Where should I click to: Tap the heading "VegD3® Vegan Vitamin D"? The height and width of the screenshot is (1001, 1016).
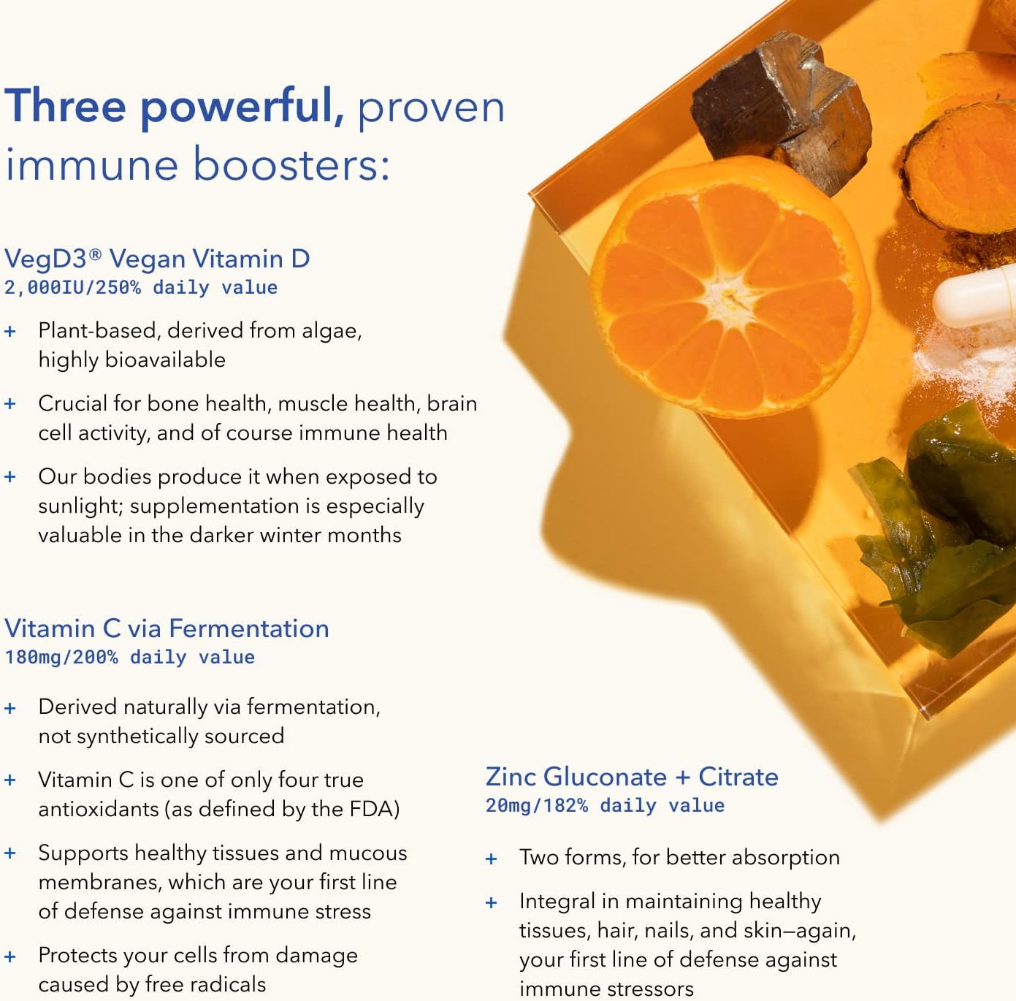[157, 259]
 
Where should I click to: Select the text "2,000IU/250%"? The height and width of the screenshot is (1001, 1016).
[72, 288]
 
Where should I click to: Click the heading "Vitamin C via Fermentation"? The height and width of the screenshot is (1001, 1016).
[167, 628]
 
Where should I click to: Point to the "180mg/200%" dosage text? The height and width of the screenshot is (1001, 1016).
[61, 658]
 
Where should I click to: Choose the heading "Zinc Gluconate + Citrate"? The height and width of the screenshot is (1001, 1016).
[632, 777]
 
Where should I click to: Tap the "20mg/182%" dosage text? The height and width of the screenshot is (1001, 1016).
[536, 806]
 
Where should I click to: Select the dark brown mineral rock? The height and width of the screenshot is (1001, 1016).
[782, 110]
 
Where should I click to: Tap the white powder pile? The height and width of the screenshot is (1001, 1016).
[957, 362]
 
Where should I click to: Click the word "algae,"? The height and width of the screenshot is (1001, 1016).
[335, 331]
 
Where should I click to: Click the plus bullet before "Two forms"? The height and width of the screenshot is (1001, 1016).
[492, 859]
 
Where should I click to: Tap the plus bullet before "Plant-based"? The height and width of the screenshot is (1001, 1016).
[10, 332]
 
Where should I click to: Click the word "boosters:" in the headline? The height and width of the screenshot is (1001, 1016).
[291, 164]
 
